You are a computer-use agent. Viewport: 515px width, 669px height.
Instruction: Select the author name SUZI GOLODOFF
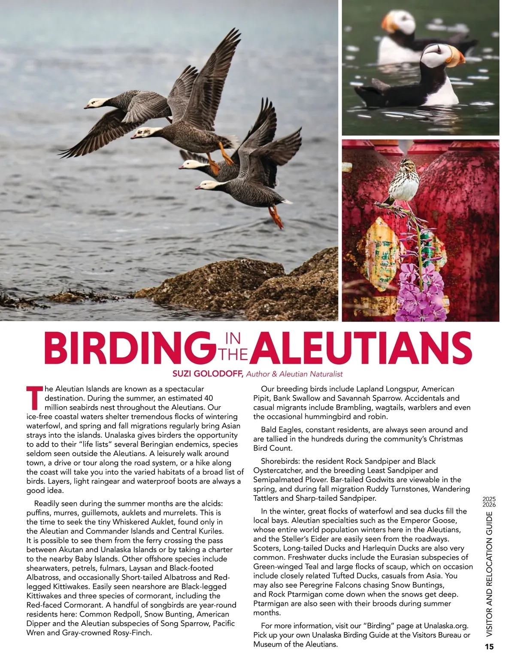(x=208, y=374)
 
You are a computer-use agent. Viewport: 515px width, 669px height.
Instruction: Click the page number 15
(x=489, y=647)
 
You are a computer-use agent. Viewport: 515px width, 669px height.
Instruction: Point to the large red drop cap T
(x=34, y=398)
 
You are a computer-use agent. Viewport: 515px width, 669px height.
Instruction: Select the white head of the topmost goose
(x=95, y=103)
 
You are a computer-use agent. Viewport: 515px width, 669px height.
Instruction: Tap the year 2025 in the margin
(x=489, y=499)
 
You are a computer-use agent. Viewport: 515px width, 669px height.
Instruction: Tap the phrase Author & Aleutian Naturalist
(x=294, y=374)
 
